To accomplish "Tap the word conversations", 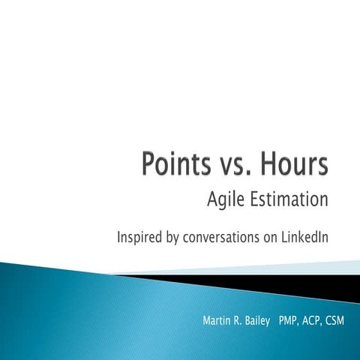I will [x=227, y=238].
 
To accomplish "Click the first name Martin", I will [x=218, y=322].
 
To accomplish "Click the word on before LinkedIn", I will [x=273, y=238].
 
